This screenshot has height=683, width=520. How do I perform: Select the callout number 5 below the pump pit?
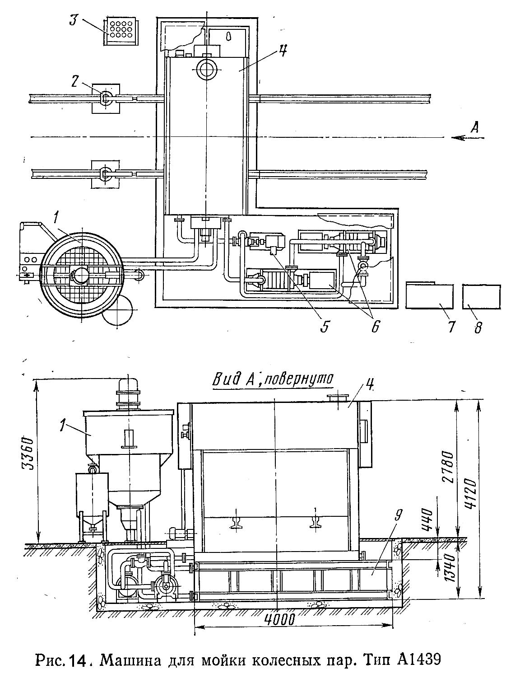coord(324,326)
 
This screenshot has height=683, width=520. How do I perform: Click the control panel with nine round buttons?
coord(121,32)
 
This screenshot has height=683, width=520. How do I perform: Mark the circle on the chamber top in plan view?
coord(206,70)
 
